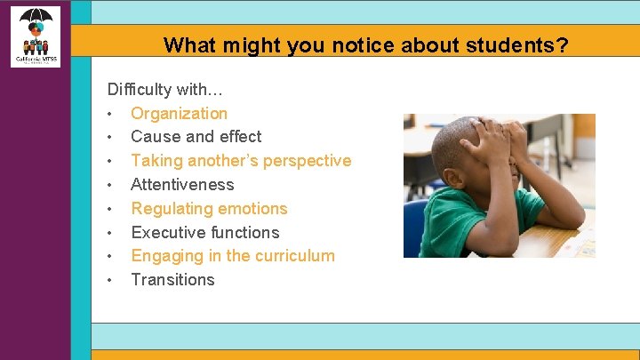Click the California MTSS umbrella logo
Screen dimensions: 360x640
[36, 36]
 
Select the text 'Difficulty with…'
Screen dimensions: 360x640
[165, 90]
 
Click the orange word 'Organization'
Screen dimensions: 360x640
[179, 113]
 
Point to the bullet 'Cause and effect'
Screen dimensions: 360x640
[196, 137]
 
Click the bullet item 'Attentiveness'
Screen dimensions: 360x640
[182, 185]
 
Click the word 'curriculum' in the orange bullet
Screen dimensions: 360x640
[295, 256]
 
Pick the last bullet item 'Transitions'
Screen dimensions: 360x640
[172, 280]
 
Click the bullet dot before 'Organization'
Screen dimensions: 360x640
[109, 114]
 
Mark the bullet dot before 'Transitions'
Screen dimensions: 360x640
[109, 281]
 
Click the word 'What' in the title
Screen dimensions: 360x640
[184, 45]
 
